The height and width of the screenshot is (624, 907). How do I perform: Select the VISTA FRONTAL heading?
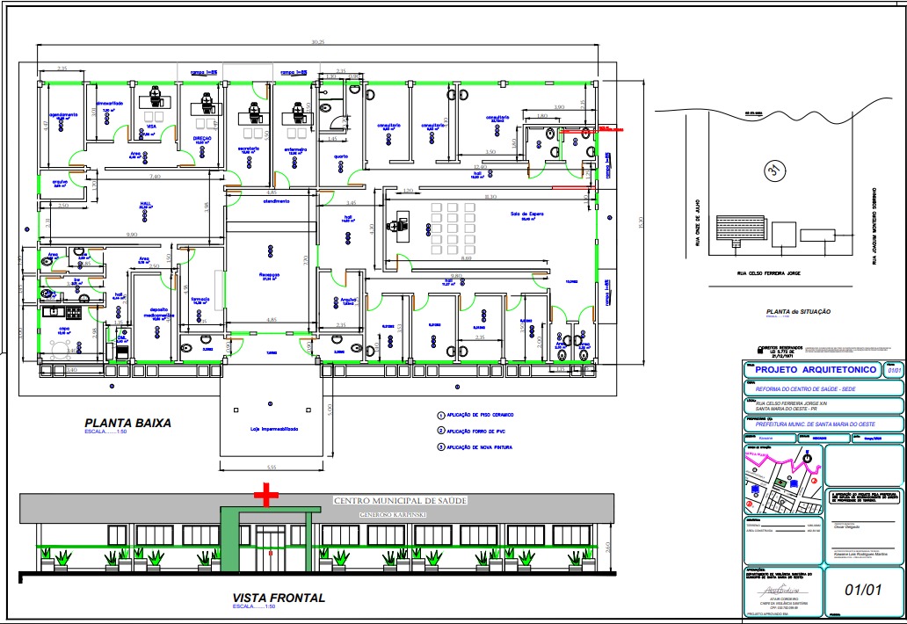(279, 598)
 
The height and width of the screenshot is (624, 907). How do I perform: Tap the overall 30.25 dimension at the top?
(317, 42)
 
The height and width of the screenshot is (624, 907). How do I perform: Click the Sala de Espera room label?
(526, 214)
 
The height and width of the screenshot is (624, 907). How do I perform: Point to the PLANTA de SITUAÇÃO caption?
(798, 312)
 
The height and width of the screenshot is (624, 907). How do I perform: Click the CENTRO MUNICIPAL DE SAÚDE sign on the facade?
(400, 500)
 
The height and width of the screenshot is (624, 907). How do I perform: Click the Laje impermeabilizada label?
(274, 430)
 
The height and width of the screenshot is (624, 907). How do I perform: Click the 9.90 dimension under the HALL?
(132, 235)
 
